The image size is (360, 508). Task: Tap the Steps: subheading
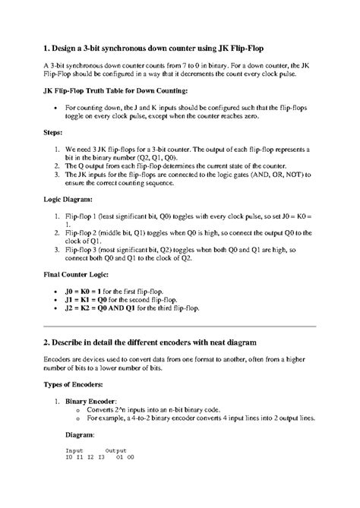tap(55, 133)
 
